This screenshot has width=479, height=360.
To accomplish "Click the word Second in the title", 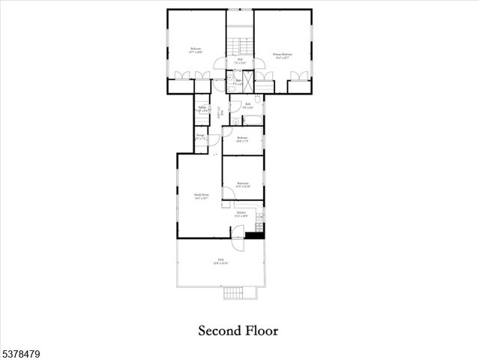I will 218,330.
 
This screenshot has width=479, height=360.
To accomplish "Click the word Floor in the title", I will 261,330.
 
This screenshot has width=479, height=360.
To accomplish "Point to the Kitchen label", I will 241,214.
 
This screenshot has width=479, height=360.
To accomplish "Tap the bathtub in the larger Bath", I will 253,119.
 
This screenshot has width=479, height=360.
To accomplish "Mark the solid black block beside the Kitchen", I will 255,236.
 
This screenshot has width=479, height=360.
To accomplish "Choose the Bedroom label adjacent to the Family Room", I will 242,184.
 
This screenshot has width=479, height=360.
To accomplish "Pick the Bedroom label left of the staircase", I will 196,51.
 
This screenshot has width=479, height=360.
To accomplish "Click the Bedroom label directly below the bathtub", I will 242,139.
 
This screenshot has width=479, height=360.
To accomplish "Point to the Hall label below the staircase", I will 240,61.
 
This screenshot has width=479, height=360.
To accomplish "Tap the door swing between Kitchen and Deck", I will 238,242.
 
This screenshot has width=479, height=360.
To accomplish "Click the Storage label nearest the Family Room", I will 199,139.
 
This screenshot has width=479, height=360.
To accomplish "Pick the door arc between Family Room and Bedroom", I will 228,193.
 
